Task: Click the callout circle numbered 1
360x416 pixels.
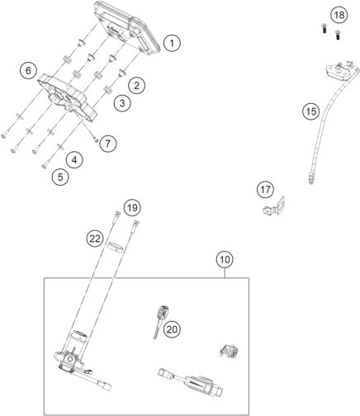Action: (171, 42)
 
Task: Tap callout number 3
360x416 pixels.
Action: (122, 103)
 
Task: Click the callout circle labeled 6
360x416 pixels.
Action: (29, 71)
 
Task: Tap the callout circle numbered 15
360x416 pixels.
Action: (309, 111)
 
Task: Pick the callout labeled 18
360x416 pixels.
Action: (339, 16)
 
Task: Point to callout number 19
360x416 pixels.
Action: (132, 206)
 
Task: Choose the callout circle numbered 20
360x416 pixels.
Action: (195, 329)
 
